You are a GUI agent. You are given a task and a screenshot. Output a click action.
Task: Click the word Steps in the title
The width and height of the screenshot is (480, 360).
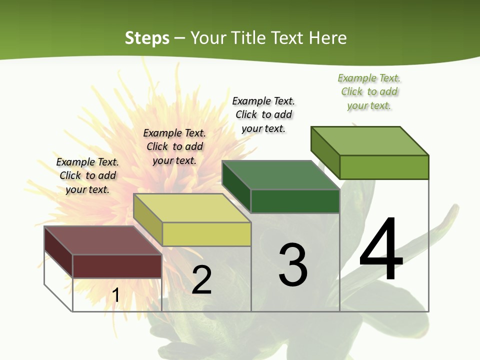point(147,38)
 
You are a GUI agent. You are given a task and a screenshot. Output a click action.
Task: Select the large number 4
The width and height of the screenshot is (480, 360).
point(381,250)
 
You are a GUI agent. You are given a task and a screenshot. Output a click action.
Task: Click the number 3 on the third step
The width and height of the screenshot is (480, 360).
point(293,265)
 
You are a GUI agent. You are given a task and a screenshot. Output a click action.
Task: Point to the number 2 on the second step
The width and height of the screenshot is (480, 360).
point(201,280)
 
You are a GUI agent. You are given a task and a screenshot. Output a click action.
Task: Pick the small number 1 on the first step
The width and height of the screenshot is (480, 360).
point(116,295)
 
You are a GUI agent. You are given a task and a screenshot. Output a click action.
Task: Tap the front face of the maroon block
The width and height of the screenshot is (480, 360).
point(117,266)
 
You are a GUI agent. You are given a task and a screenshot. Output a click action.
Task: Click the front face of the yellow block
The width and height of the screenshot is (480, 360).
point(206,234)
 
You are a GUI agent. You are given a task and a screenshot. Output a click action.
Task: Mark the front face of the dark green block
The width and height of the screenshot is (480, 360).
point(295,201)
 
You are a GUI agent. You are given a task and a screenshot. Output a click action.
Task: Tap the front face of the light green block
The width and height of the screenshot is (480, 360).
point(384,167)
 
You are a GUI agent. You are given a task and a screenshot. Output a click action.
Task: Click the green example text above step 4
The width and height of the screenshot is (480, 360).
point(369,92)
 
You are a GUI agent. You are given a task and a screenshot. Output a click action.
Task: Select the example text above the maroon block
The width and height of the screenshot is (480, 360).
point(87,176)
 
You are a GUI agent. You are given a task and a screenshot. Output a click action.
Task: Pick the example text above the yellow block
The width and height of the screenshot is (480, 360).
point(174,147)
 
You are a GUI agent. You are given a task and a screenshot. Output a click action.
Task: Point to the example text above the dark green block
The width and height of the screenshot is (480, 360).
point(263,115)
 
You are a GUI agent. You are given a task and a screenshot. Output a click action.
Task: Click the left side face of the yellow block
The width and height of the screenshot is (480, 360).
point(148,219)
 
